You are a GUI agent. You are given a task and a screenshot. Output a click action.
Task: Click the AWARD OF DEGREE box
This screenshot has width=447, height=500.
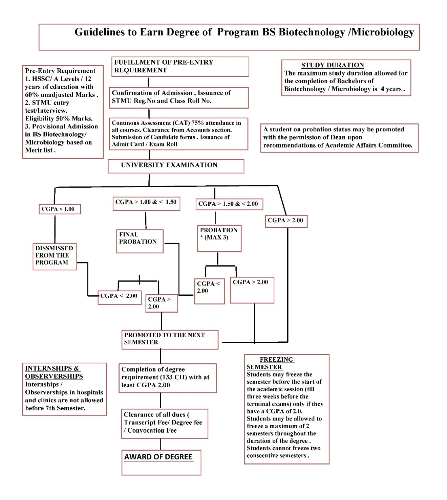click(161, 462)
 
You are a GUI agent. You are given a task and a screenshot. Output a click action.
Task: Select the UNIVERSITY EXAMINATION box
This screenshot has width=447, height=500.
click(176, 166)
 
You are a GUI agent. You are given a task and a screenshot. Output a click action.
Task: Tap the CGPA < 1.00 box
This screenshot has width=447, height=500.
click(60, 209)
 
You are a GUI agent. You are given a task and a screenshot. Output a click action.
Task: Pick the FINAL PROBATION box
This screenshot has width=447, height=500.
click(140, 241)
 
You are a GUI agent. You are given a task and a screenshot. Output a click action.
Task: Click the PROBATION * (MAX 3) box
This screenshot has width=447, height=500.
click(219, 238)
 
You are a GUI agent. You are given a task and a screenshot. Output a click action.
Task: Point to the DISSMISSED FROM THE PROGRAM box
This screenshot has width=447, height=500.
click(55, 256)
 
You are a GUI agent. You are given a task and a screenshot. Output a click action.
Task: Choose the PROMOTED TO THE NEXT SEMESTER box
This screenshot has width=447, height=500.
click(170, 339)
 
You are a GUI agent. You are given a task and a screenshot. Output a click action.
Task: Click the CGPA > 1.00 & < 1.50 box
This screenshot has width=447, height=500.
click(146, 203)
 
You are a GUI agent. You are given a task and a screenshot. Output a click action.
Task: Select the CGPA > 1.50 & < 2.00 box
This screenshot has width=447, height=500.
click(229, 204)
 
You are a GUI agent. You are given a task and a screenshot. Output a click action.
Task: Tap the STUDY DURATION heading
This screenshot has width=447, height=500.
click(333, 65)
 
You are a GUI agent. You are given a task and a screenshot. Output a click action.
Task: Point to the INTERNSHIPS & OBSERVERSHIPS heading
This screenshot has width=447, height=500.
click(54, 372)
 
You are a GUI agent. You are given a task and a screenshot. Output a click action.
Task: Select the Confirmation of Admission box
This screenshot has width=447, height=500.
click(178, 97)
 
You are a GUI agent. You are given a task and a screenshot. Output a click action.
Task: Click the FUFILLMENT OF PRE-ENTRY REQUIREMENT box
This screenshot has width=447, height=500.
click(180, 67)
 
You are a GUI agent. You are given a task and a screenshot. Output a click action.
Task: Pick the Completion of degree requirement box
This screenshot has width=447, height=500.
click(167, 378)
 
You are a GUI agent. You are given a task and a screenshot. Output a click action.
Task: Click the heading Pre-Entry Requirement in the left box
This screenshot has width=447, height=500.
click(60, 71)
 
